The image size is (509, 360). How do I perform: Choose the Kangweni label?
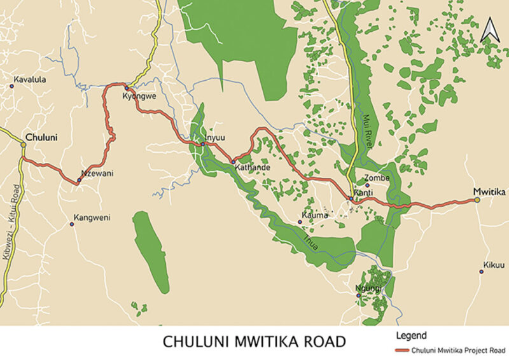(92, 218)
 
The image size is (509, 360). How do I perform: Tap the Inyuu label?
(215, 137)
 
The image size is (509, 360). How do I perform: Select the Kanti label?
(363, 192)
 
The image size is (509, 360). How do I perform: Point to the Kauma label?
(316, 216)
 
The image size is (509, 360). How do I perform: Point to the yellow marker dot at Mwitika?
(477, 200)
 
